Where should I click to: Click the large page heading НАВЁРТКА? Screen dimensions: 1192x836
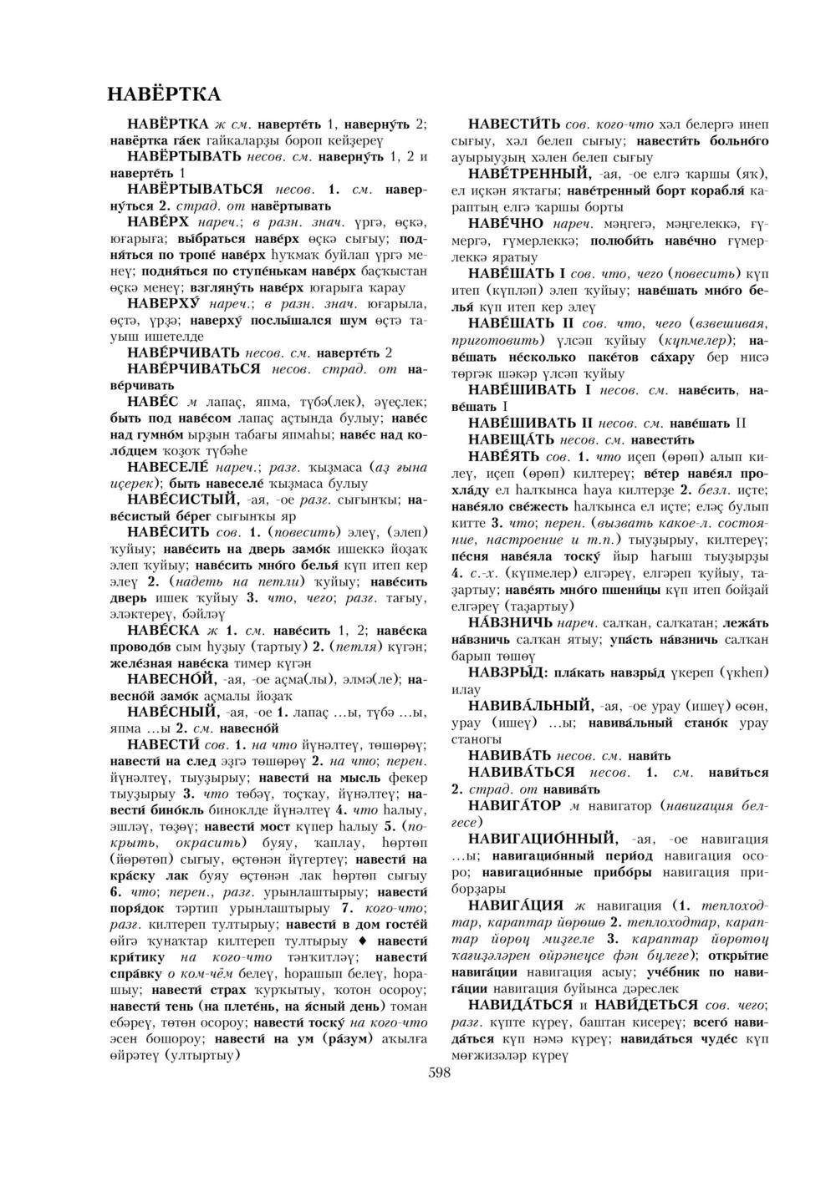(164, 92)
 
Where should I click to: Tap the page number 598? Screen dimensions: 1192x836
(439, 1074)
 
